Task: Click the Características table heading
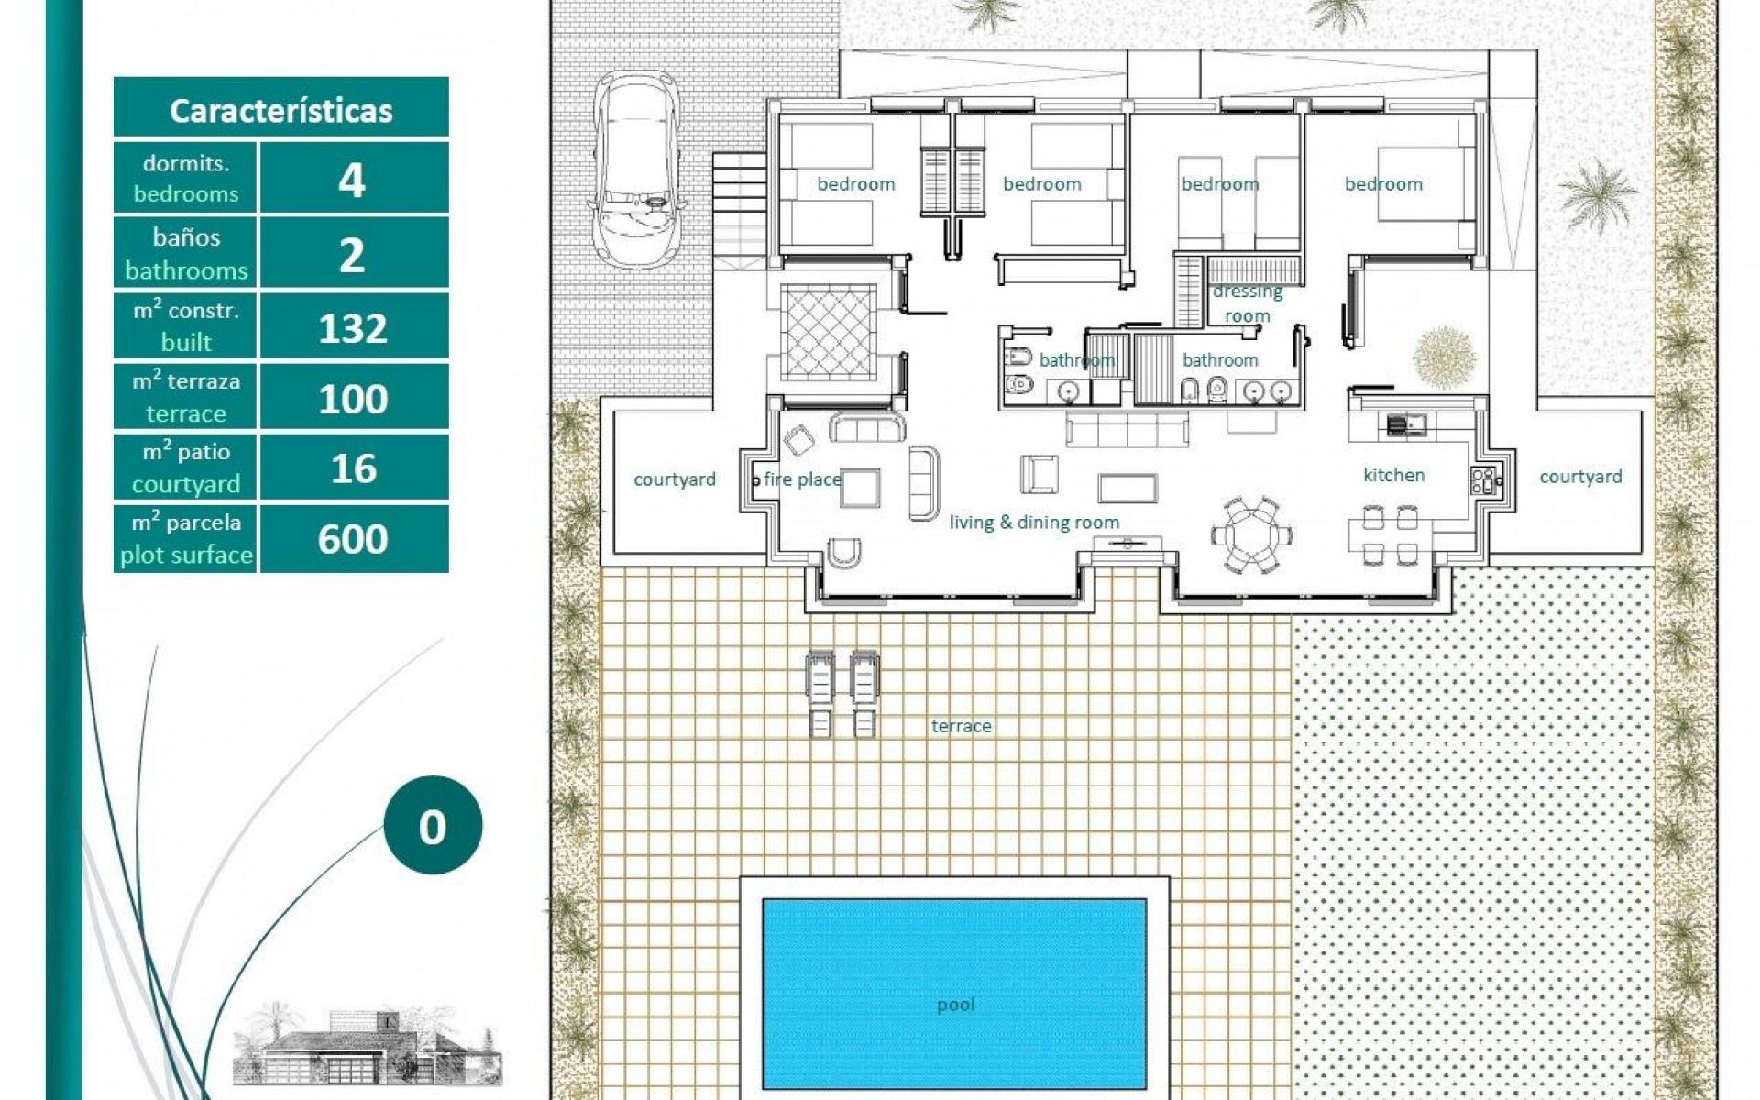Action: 280,110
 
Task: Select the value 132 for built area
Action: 353,327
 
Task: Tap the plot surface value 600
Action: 353,538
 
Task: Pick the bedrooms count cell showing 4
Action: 353,180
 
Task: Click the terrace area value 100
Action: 353,399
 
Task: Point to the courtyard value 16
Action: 353,468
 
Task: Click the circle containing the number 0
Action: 432,827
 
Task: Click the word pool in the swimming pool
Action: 955,1005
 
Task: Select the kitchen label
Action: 1393,475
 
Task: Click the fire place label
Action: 802,478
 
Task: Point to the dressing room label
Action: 1247,303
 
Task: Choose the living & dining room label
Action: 1034,522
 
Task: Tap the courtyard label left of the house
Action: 675,479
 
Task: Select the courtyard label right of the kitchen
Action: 1580,477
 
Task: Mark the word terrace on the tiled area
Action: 961,726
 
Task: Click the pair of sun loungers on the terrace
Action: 841,693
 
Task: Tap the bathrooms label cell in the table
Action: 186,254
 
